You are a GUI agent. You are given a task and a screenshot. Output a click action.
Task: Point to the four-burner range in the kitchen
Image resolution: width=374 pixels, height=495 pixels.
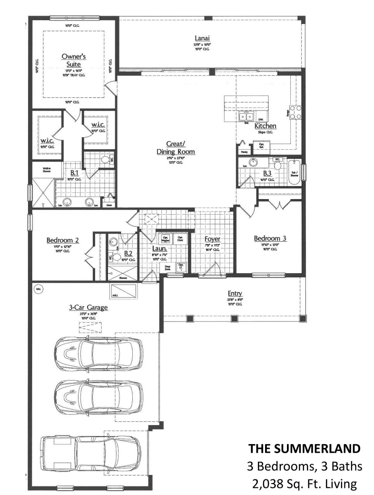pyautogui.click(x=295, y=112)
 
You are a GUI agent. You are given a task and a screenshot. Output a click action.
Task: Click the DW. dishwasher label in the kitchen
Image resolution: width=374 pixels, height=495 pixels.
pyautogui.click(x=261, y=120)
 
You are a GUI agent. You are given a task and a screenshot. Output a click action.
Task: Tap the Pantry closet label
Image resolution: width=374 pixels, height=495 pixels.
pyautogui.click(x=244, y=152)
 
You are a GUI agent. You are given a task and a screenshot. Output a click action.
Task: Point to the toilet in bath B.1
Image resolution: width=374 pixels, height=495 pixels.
pyautogui.click(x=105, y=160)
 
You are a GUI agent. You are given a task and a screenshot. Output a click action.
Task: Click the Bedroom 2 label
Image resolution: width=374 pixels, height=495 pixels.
pyautogui.click(x=62, y=240)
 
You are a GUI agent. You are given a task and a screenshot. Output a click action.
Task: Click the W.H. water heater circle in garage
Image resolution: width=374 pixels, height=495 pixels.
pyautogui.click(x=38, y=289)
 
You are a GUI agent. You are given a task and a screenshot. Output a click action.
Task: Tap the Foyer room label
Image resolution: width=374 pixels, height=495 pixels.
pyautogui.click(x=212, y=239)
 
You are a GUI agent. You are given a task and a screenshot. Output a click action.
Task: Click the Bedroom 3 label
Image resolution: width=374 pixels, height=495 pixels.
pyautogui.click(x=270, y=238)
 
